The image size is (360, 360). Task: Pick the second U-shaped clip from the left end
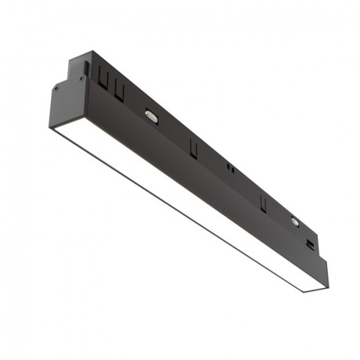click(x=119, y=92)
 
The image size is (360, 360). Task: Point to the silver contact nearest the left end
click(x=151, y=115)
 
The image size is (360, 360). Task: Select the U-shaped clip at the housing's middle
click(x=192, y=146)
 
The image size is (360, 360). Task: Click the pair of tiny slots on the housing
click(x=229, y=168)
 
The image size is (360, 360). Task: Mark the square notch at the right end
click(x=311, y=244)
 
